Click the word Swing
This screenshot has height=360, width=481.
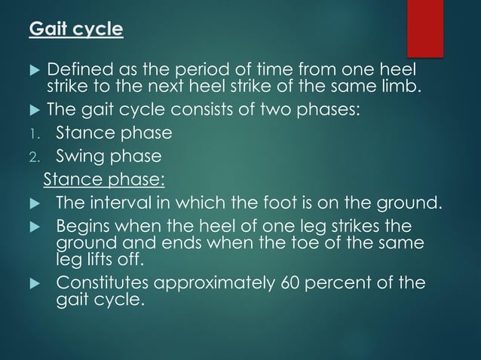click(x=81, y=157)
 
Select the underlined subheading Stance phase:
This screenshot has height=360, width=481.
click(x=105, y=180)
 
